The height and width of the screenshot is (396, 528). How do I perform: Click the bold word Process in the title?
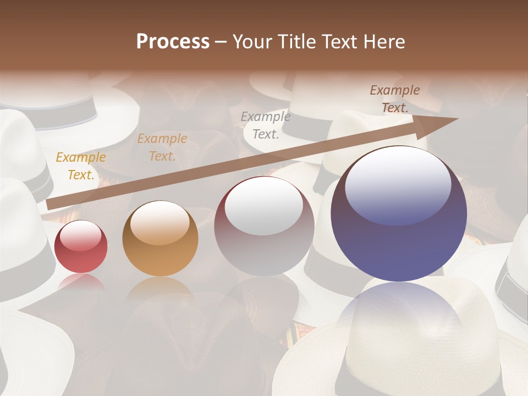pyautogui.click(x=173, y=42)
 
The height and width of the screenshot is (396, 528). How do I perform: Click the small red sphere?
pyautogui.click(x=81, y=247)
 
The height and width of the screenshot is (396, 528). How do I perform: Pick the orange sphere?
pyautogui.click(x=160, y=239)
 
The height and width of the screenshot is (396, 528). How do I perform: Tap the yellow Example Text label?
pyautogui.click(x=81, y=166)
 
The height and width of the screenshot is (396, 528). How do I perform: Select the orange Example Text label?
pyautogui.click(x=162, y=147)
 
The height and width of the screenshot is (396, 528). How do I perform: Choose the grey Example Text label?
pyautogui.click(x=266, y=125)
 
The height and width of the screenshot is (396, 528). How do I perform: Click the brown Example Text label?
pyautogui.click(x=395, y=99)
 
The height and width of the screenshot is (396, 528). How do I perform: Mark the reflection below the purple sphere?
pyautogui.click(x=399, y=324)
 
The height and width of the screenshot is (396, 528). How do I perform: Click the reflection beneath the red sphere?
pyautogui.click(x=81, y=282)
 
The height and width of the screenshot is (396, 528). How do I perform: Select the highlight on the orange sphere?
pyautogui.click(x=159, y=223)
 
